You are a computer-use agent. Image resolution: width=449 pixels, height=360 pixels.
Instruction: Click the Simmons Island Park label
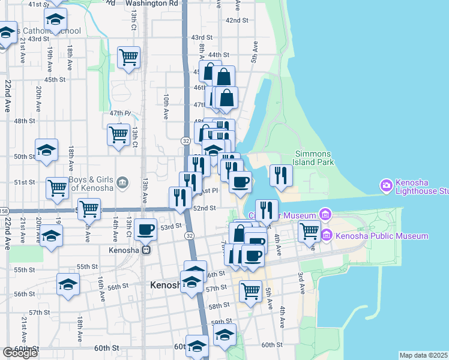(x=312, y=158)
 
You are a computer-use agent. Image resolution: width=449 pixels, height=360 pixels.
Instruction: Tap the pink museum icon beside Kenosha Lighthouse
(x=385, y=185)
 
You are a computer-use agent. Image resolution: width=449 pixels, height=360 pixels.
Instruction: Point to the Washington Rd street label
(x=152, y=3)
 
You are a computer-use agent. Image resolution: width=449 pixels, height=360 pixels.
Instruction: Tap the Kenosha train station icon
(x=146, y=250)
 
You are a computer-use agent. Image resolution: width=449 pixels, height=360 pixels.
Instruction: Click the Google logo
(x=20, y=353)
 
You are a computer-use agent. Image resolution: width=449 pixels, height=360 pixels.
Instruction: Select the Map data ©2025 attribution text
(x=423, y=355)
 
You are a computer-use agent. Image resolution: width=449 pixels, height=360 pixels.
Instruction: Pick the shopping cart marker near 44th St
(x=128, y=57)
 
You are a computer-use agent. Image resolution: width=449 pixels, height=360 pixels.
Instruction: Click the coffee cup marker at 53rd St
(x=146, y=229)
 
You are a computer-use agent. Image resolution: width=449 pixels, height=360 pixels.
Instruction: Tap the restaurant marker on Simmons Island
(x=281, y=175)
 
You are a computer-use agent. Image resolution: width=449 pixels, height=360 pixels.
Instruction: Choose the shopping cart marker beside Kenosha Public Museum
(x=309, y=230)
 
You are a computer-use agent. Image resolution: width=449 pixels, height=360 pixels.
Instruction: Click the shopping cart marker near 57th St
(x=251, y=291)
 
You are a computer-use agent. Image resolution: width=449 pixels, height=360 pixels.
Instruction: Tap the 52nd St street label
(x=205, y=208)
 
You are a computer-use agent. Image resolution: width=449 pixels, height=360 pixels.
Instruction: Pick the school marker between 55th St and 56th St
(x=68, y=284)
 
